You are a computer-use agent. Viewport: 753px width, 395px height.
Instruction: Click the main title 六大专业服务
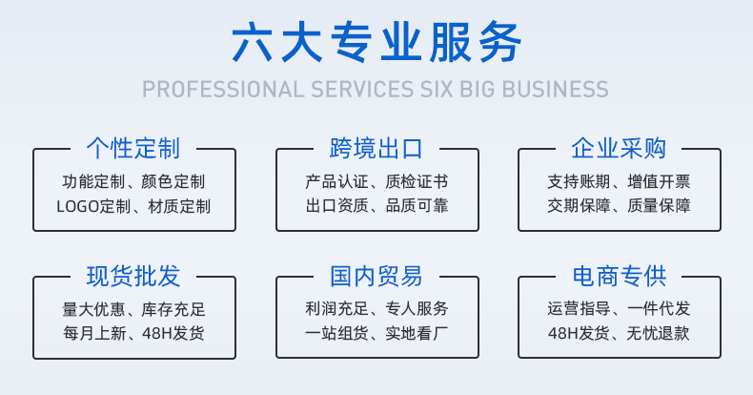point(376,43)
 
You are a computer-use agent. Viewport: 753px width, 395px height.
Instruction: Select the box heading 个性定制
point(133,148)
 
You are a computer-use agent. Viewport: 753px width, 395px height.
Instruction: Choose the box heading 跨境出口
point(376,148)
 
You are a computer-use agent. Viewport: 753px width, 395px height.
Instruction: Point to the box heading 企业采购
point(619,148)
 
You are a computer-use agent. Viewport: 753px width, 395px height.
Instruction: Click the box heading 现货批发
point(133,278)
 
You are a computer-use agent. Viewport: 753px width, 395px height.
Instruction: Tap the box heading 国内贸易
point(376,278)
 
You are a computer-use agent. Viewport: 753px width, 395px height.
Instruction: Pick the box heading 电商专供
point(619,278)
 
